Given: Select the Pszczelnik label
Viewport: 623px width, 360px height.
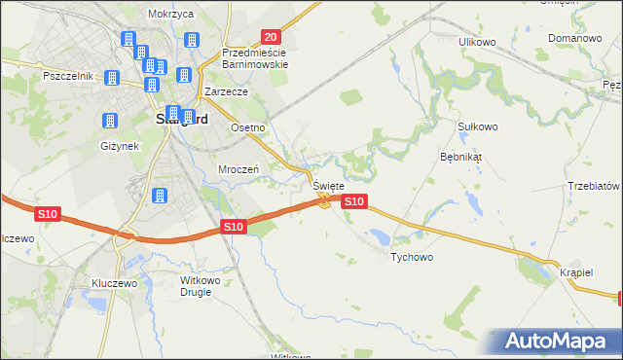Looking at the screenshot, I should point(67,76).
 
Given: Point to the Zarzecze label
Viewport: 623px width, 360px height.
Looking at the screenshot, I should point(227,91).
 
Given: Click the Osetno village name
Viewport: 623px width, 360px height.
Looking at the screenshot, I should point(247,127).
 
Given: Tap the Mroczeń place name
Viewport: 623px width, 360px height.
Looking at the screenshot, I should point(238,168).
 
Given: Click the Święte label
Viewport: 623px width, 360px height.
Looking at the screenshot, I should point(327,184).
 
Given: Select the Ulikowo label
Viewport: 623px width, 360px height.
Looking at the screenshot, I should point(478,42).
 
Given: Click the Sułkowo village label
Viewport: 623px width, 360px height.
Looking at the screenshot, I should point(478,126).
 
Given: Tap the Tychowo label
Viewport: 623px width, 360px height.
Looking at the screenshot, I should point(411,258).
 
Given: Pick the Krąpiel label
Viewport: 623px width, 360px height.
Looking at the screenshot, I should point(576,272).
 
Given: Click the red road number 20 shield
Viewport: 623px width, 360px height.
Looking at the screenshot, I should point(272,36).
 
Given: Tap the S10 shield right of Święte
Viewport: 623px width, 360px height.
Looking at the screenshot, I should point(354,201).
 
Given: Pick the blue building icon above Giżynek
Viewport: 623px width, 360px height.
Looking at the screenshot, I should point(109,121).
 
